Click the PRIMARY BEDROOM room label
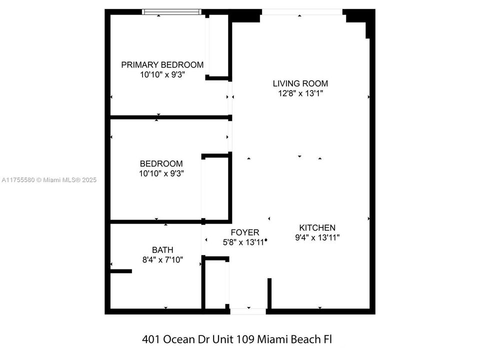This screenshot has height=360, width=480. point(162,64)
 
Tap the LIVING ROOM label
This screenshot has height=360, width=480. point(300,83)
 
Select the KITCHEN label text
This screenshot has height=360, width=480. point(317,227)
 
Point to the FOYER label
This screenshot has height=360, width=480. point(244,232)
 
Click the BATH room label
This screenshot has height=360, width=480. point(162,250)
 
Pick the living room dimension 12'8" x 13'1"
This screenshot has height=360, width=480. point(300,93)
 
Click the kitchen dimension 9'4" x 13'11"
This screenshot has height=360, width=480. point(317,238)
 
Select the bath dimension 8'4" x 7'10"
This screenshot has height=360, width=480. point(162,260)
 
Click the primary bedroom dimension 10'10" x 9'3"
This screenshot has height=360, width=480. point(162,75)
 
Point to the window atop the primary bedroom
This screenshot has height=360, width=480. point(171,11)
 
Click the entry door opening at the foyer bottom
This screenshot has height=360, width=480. point(248,311)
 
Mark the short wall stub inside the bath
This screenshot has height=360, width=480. point(120,271)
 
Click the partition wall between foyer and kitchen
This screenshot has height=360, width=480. point(269,293)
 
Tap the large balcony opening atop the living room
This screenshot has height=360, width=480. point(302,11)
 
